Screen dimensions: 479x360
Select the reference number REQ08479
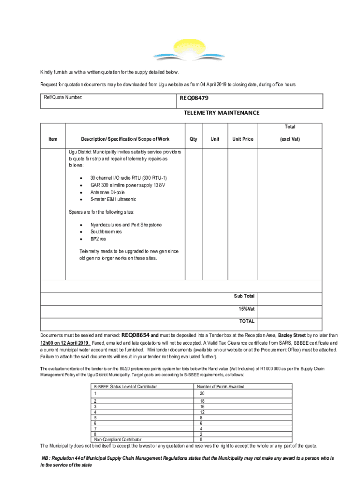point(194,99)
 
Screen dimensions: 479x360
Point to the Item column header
point(53,139)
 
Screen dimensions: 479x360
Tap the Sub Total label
point(244,296)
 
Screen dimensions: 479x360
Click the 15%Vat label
point(246,309)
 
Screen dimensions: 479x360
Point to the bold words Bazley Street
point(292,335)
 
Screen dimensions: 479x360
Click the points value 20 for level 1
point(202,393)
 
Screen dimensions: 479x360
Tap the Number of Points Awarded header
point(221,386)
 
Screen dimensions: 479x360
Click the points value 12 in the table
point(202,412)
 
